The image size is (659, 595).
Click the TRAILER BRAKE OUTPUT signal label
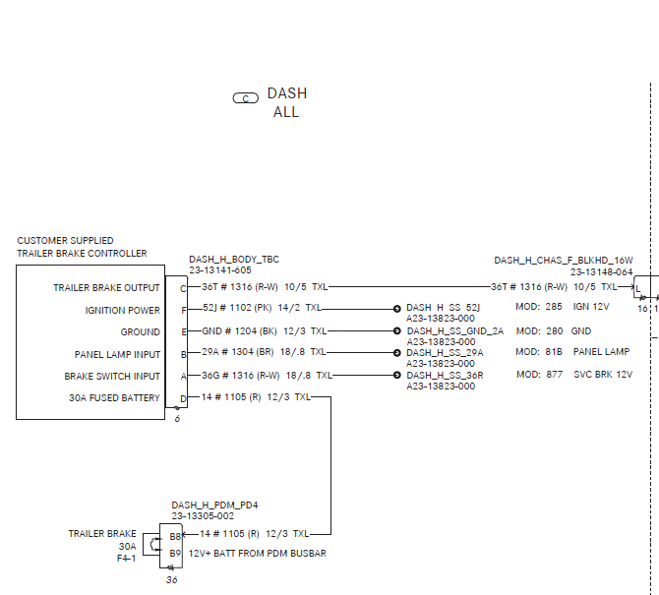pos(106,288)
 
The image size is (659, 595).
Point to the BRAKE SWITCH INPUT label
pos(112,376)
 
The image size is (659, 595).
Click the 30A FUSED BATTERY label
pos(114,398)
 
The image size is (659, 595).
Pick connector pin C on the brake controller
pos(182,288)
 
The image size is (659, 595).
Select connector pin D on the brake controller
pos(182,398)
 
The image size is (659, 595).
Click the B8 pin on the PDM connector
pos(175,536)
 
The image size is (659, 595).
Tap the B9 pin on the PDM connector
pos(175,554)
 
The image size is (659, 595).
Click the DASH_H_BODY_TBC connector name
pos(234,260)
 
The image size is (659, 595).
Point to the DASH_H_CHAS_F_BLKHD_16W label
pos(563,261)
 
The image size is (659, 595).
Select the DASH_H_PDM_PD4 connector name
pos(214,505)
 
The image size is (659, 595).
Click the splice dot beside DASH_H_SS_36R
pos(397,375)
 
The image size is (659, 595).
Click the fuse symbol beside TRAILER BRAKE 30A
pos(150,544)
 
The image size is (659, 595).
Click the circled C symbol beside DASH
pos(245,97)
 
